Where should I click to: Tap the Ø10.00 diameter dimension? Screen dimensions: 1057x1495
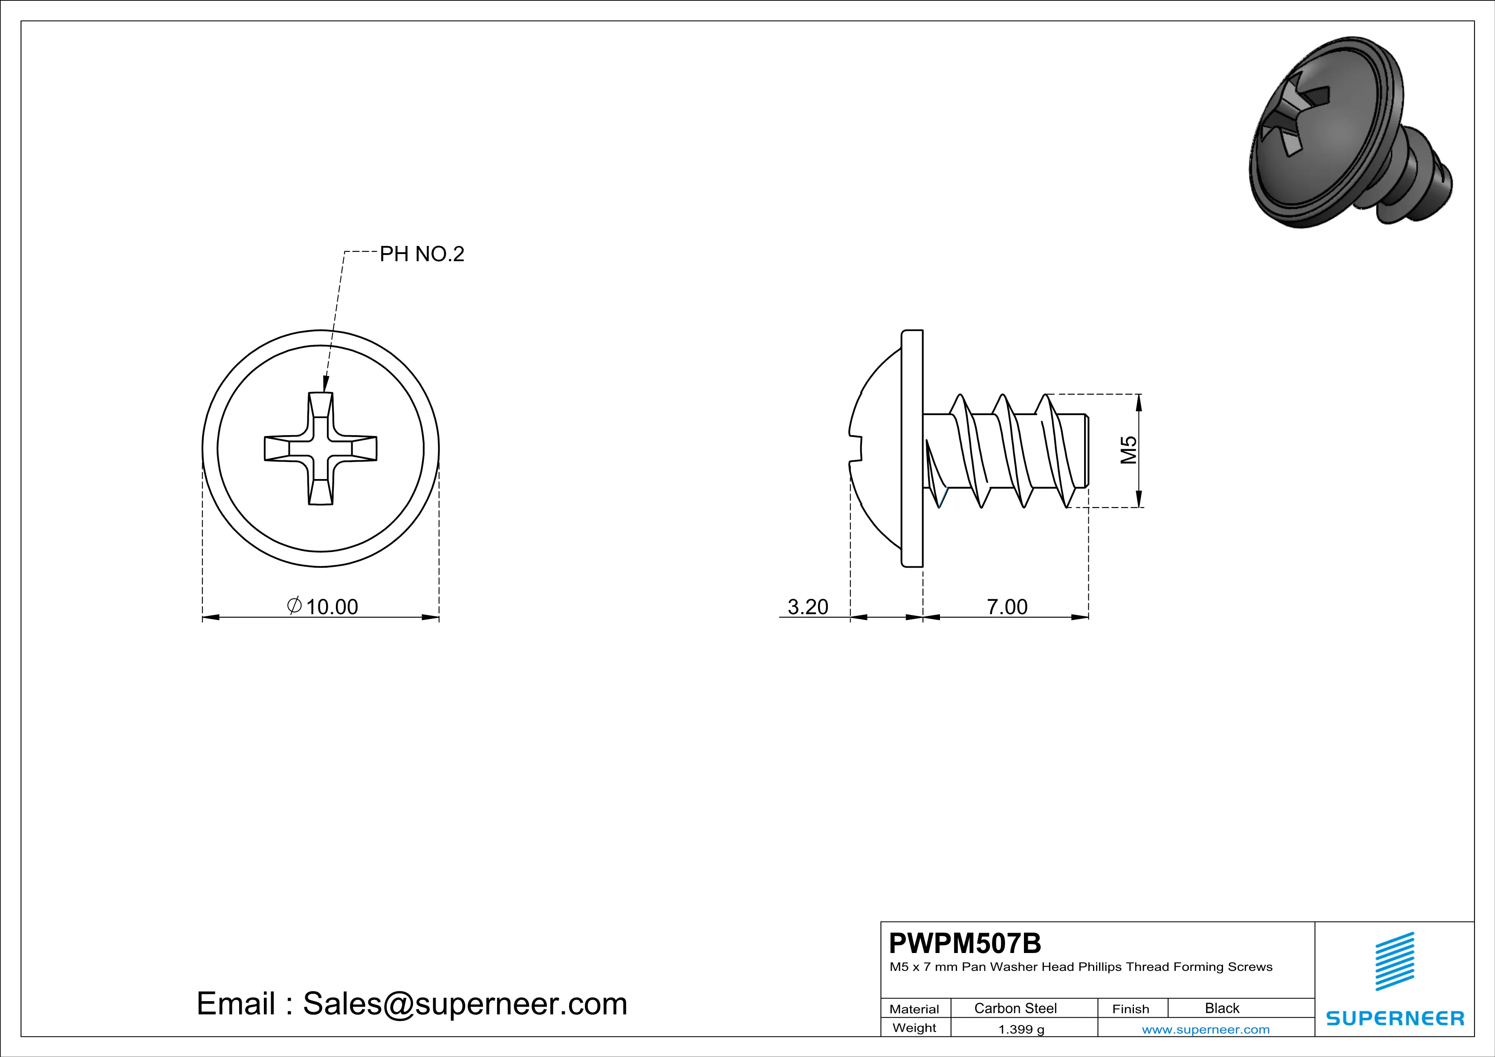(324, 606)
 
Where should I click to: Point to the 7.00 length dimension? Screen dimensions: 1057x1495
(1006, 606)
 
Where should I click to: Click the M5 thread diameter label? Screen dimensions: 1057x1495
(1128, 450)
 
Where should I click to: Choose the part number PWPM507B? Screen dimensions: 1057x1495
(965, 942)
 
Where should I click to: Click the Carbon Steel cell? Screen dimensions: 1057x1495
(1015, 1008)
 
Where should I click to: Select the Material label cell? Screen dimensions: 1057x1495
(914, 1009)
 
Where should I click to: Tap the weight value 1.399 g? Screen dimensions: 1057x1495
(1021, 1029)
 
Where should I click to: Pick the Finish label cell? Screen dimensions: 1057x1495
(1131, 1009)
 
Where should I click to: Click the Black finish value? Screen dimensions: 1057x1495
(1221, 1008)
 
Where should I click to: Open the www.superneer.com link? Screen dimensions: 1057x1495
(1205, 1029)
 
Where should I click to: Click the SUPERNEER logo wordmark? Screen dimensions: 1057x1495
(1395, 1018)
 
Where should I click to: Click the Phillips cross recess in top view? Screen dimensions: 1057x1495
(321, 448)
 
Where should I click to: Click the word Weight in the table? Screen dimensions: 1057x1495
(914, 1028)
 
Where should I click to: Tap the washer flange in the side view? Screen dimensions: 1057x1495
(912, 448)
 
